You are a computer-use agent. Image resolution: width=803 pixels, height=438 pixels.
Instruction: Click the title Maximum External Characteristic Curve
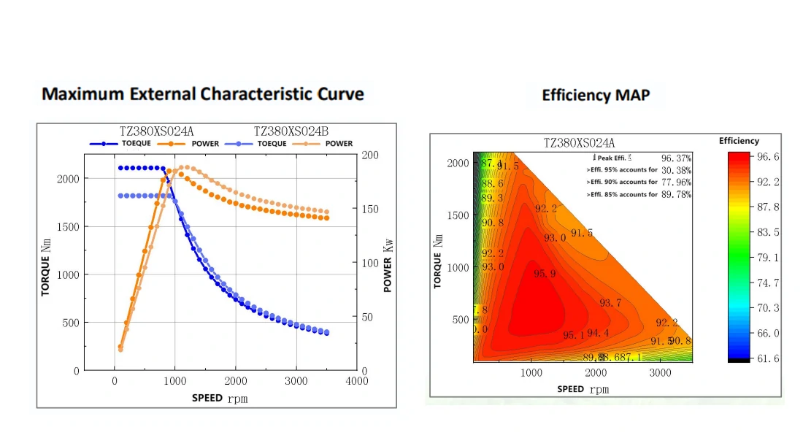(203, 94)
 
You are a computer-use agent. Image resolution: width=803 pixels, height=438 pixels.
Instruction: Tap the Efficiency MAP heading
(596, 95)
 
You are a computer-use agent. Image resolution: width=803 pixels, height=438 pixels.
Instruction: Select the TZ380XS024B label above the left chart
(291, 131)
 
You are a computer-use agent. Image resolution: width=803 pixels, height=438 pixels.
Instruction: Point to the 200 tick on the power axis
(370, 155)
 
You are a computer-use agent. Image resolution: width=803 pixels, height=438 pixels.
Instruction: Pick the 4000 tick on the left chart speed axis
(356, 381)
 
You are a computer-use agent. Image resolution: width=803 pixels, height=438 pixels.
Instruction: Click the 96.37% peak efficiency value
(676, 158)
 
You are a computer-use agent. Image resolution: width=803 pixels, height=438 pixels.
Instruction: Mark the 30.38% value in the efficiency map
(676, 170)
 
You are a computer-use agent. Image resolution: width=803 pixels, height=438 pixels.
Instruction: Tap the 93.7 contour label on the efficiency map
(610, 303)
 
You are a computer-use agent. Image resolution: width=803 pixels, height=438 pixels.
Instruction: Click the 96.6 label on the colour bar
(768, 157)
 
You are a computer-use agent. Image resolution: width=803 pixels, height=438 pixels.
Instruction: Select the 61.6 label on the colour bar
(768, 358)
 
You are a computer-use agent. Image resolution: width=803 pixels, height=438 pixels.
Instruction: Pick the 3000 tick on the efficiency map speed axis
(661, 372)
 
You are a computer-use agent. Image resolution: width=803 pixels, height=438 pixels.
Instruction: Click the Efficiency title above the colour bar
(739, 141)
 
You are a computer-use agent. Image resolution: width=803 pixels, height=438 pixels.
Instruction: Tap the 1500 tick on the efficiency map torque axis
(458, 215)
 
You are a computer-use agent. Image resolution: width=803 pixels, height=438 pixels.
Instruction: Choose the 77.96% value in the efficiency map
(676, 182)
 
